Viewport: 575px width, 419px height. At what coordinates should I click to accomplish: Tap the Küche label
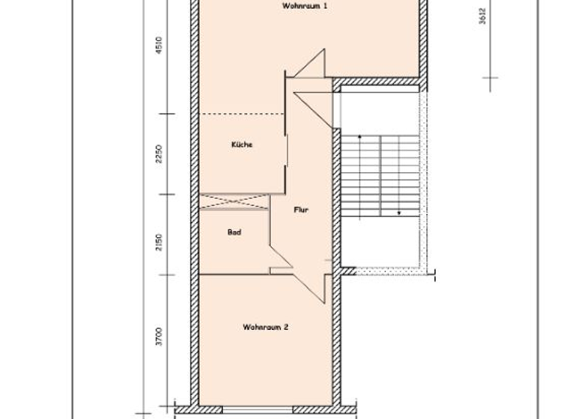coord(241,144)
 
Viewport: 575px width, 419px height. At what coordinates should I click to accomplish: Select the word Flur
coord(300,210)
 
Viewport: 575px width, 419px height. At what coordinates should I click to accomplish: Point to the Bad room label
coord(234,233)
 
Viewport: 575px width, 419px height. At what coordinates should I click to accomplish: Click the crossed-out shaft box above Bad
coord(234,201)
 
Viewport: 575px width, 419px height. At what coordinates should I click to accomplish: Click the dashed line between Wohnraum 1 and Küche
coord(241,114)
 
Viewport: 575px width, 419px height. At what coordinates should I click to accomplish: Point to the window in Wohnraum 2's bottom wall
coord(254,409)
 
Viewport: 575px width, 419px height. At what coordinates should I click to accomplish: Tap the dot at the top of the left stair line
coord(360,137)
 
